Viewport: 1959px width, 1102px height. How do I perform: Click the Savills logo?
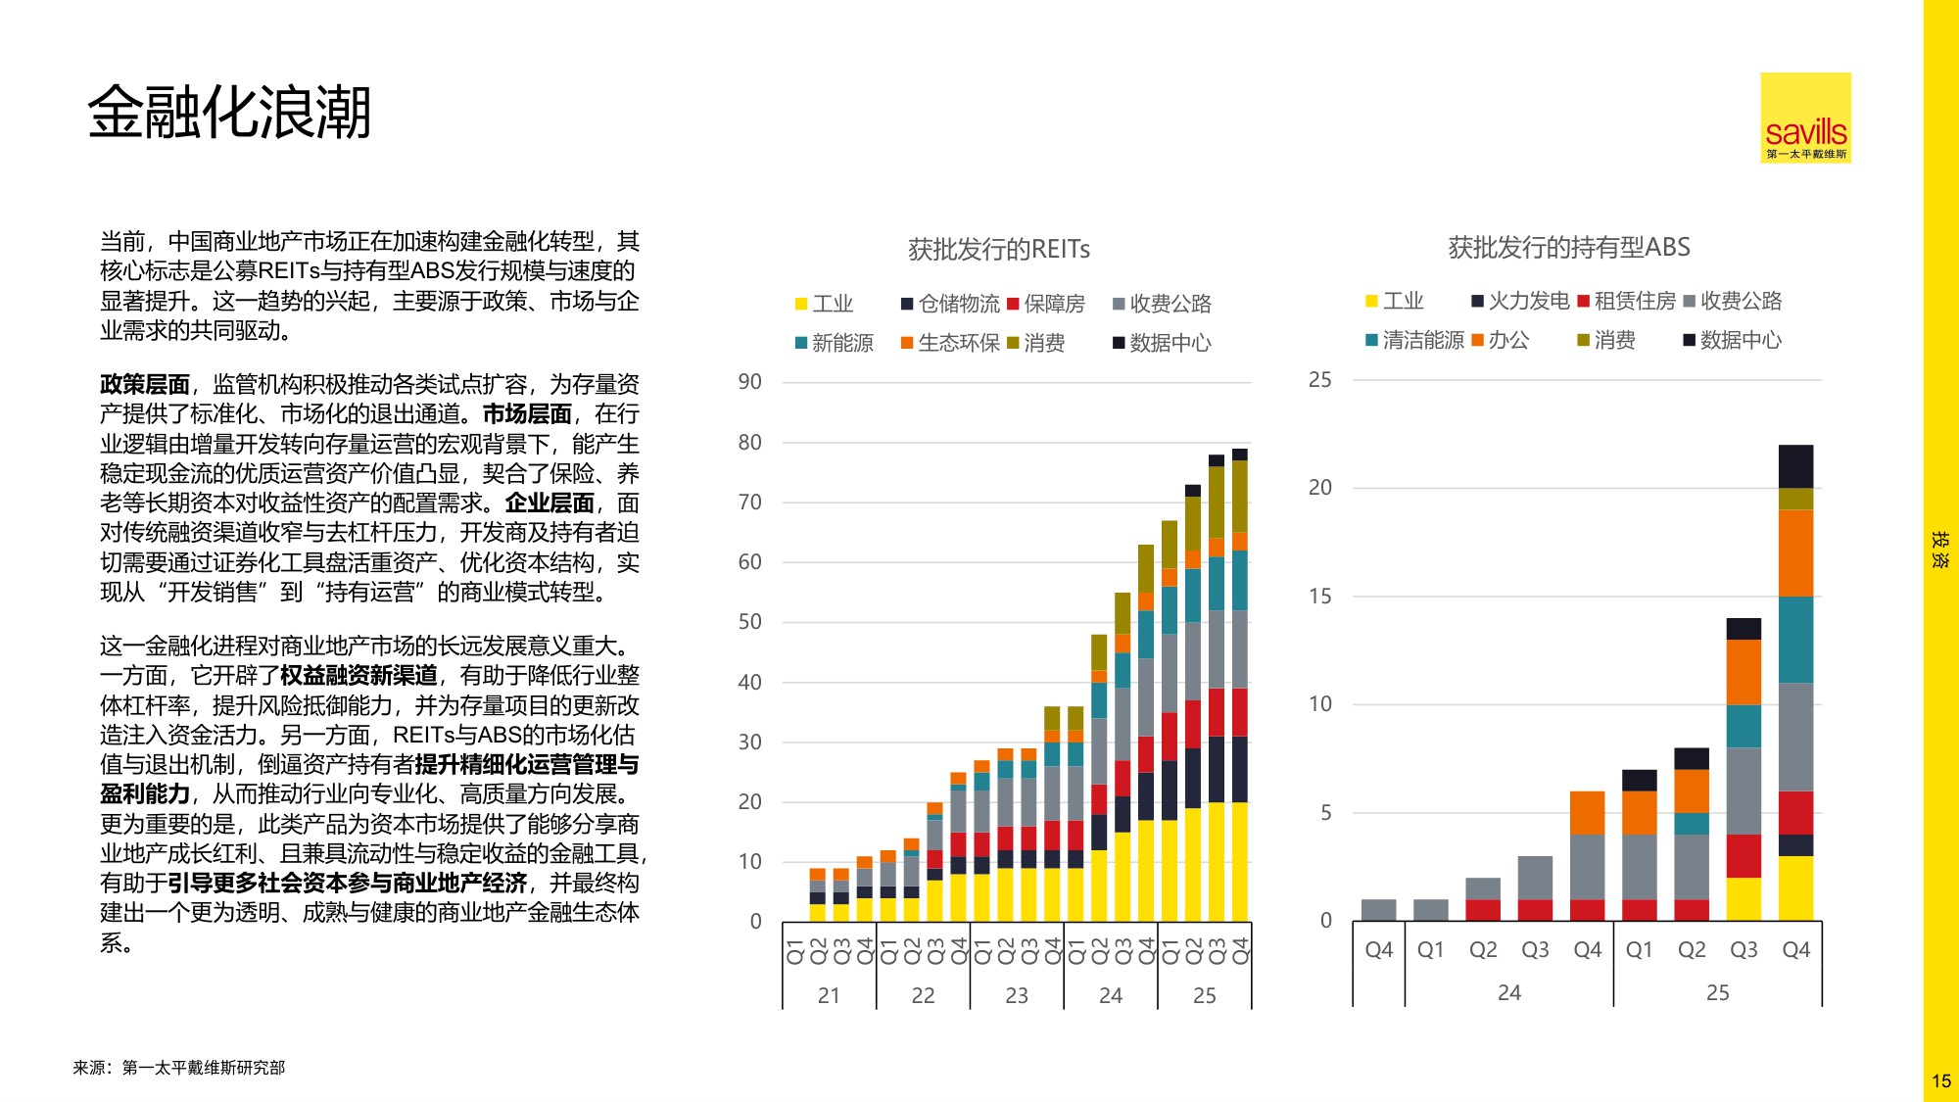1805,118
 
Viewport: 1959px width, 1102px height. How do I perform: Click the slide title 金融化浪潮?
229,112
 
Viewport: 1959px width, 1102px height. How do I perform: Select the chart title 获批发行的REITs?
998,250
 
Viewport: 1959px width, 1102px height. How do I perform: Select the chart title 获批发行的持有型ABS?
1568,247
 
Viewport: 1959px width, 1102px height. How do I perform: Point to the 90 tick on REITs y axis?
749,382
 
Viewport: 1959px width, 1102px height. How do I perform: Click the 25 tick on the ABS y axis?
1319,380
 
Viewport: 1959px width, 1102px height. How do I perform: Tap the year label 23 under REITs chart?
1017,995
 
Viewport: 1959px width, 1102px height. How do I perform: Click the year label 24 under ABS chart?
1508,992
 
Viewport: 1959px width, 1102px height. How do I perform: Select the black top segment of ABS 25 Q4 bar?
1795,466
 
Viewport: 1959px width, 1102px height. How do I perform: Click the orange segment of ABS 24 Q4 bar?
1587,812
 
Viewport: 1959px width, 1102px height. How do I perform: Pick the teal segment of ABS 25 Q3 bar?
1744,726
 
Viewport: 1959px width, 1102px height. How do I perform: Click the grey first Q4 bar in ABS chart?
1378,910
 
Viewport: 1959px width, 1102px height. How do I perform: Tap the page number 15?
1940,1081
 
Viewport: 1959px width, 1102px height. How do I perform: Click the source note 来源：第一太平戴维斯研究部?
178,1068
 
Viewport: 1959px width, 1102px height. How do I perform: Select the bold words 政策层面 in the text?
144,384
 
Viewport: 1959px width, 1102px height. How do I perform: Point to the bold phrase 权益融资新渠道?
358,675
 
